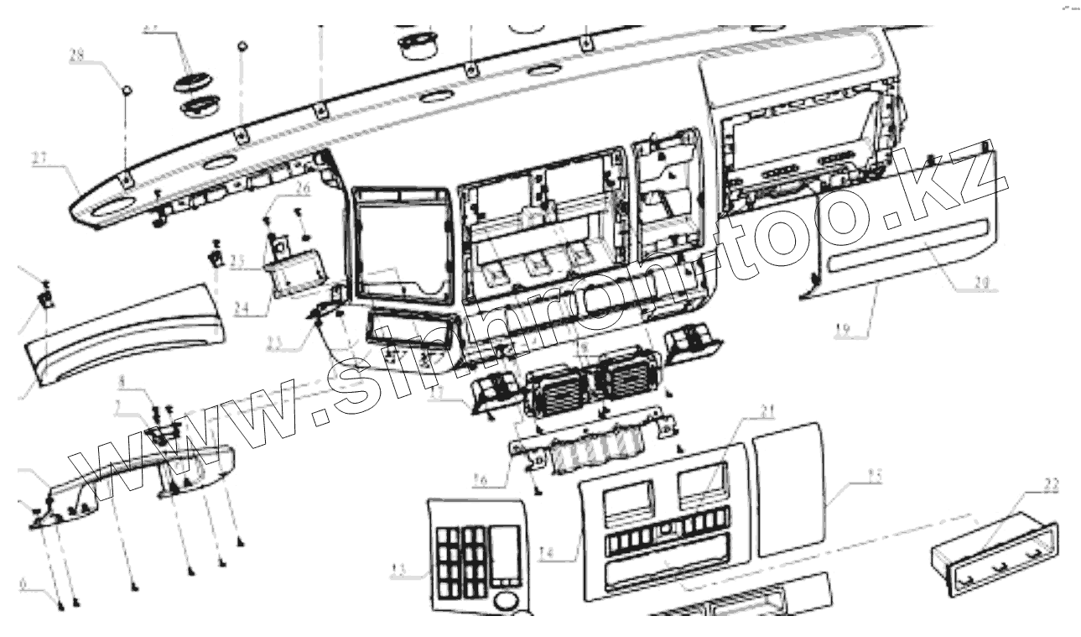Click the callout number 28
(76, 57)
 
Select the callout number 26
(302, 189)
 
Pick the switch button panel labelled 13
(474, 554)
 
